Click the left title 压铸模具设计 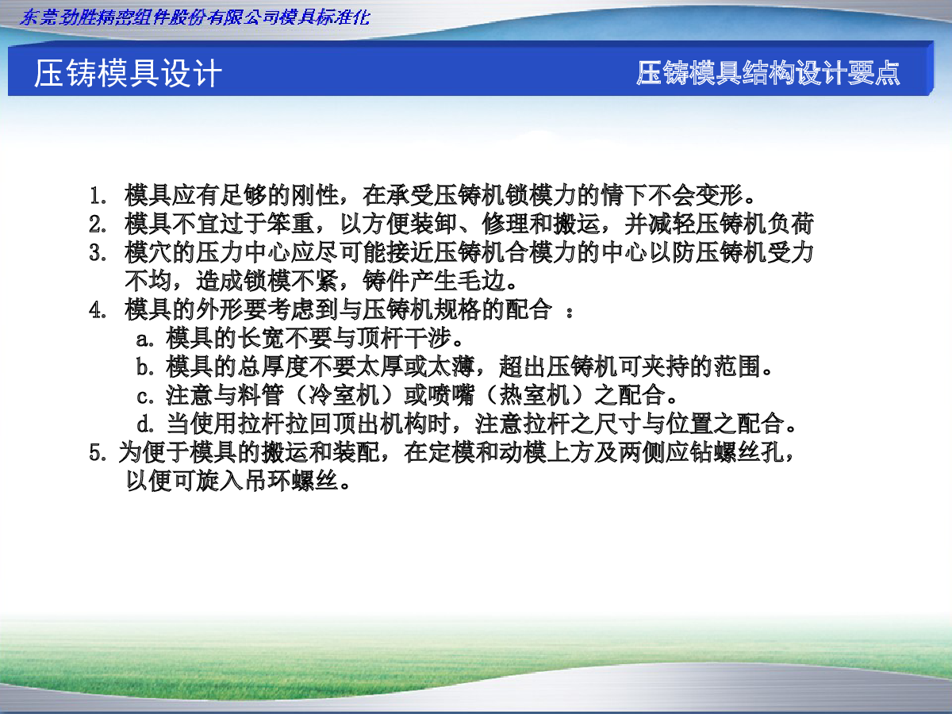pos(128,73)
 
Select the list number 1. pos(98,195)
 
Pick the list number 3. pos(98,253)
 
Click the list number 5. pos(98,452)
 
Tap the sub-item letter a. pos(145,339)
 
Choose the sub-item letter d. pos(145,424)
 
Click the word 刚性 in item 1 pos(315,195)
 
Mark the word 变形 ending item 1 pos(720,195)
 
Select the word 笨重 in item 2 pos(291,224)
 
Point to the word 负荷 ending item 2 pos(790,224)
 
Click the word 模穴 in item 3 pos(148,252)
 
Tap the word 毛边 pos(482,281)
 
